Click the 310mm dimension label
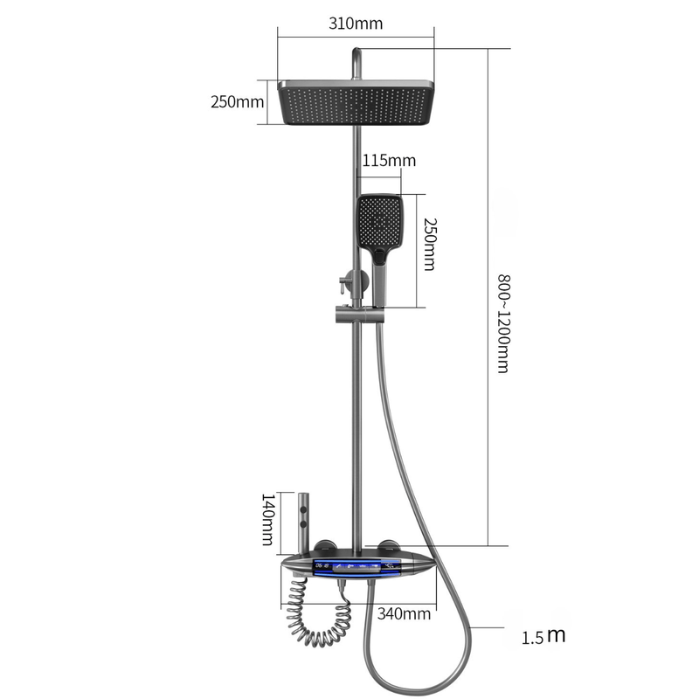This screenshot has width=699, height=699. click(x=356, y=24)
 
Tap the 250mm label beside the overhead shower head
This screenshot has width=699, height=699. click(x=237, y=101)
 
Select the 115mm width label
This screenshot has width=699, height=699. click(x=389, y=161)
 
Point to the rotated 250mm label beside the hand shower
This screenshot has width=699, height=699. click(x=430, y=245)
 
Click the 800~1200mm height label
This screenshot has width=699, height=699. click(x=504, y=323)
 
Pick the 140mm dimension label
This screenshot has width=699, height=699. click(x=267, y=519)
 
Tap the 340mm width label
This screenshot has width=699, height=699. click(x=404, y=614)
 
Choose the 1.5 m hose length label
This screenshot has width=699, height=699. click(x=543, y=635)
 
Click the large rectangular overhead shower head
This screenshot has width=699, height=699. click(x=356, y=102)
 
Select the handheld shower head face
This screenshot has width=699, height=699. click(x=379, y=222)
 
